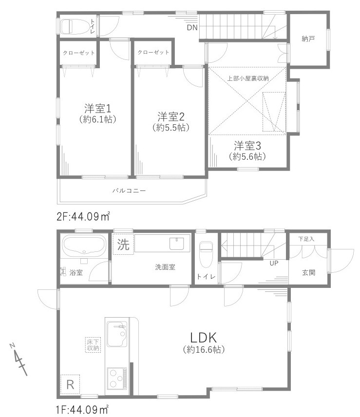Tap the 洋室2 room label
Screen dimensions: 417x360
point(170,116)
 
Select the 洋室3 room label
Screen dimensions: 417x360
point(247,145)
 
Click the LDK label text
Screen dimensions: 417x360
point(204,337)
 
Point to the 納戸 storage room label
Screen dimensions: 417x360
point(308,38)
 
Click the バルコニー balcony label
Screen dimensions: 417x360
point(129,190)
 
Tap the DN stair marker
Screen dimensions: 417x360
point(192,28)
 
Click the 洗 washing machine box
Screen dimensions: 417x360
point(124,245)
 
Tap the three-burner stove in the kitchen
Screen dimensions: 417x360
point(117,378)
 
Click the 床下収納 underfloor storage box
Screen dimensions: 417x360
point(93,344)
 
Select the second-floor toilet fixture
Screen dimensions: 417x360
point(77,26)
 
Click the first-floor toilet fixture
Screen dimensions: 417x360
point(206,253)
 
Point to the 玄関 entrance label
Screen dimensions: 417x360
point(308,273)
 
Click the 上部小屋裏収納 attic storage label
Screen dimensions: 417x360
point(248,77)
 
